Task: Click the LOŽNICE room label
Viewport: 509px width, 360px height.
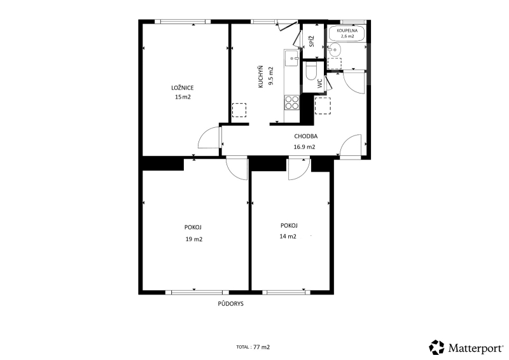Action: tap(183, 88)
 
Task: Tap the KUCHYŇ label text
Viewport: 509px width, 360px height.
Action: tap(260, 77)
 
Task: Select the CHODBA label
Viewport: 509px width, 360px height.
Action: tap(306, 136)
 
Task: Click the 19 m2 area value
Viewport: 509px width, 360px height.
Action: tap(194, 239)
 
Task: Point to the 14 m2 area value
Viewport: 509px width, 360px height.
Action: tap(288, 237)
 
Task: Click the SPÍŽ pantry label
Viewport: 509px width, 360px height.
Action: tap(312, 41)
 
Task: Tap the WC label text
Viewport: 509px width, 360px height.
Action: tap(320, 83)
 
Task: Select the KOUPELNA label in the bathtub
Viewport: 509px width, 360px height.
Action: tap(347, 31)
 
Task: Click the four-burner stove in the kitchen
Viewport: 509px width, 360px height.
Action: tap(291, 102)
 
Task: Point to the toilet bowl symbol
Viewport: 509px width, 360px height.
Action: tap(311, 71)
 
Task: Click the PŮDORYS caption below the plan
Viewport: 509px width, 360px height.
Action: tap(230, 304)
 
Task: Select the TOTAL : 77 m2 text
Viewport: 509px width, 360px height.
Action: tap(253, 347)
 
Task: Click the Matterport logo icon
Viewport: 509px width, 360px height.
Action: tap(436, 347)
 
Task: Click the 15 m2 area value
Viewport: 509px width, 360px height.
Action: tap(183, 97)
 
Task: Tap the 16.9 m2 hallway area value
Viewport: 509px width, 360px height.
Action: tap(305, 147)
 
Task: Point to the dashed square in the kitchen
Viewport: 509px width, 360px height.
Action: tap(239, 110)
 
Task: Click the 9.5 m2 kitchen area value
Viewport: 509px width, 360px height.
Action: tap(271, 76)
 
